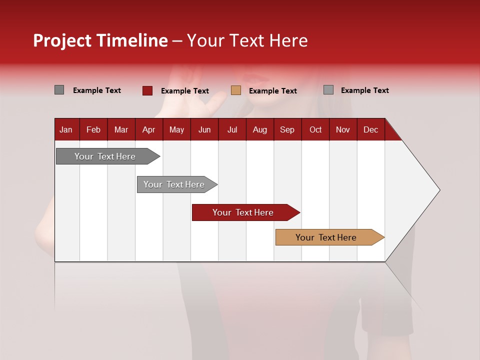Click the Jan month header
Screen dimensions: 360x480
(x=66, y=129)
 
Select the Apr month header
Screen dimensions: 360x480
(x=148, y=129)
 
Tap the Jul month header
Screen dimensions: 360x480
(x=232, y=129)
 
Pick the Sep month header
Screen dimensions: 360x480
(x=287, y=129)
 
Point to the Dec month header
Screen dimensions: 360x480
(x=370, y=129)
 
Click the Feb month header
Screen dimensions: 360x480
(x=93, y=129)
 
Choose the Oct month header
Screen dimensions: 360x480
(x=315, y=129)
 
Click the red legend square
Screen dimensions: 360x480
(x=147, y=90)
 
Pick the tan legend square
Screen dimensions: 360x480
(x=236, y=90)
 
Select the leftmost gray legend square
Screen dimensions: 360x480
(x=59, y=90)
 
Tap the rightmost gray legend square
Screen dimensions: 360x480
(x=328, y=90)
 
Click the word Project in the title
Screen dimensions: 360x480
(x=62, y=40)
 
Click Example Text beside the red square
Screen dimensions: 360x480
(x=185, y=91)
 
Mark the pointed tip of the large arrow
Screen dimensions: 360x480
(x=439, y=190)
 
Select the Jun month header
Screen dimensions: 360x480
(x=204, y=129)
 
